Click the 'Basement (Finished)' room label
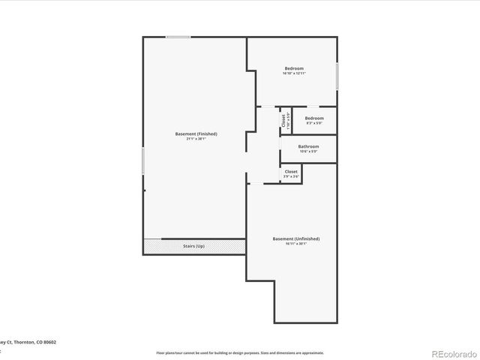pos(196,133)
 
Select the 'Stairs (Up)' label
pos(193,246)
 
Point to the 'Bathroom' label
pos(308,146)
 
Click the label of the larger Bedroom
pos(294,68)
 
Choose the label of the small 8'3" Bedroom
pos(314,118)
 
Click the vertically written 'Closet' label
pos(283,119)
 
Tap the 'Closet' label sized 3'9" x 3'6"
pos(291,172)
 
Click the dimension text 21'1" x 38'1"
pos(196,139)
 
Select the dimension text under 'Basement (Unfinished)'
pos(295,244)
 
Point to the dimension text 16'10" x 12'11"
pos(294,73)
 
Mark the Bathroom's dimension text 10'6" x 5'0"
pos(308,151)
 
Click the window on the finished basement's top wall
pos(178,37)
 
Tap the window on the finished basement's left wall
pos(142,161)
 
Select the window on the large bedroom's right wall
pos(337,76)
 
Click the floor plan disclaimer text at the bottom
pos(240,352)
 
